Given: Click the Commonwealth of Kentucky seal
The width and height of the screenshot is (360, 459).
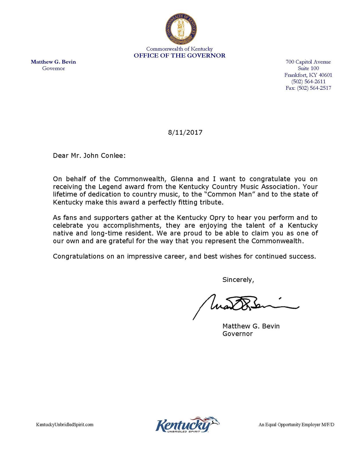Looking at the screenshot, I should [181, 29].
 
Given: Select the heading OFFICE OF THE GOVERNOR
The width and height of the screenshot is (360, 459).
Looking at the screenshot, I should [179, 56].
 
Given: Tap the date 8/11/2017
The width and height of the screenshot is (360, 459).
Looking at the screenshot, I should [185, 133].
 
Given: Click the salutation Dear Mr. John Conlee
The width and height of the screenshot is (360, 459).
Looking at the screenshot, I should [89, 156].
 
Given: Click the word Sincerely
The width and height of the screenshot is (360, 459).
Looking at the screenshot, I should [238, 280].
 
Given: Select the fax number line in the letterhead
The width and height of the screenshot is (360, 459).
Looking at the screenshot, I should [308, 88].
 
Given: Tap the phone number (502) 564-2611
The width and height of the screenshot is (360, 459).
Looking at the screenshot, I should [308, 81].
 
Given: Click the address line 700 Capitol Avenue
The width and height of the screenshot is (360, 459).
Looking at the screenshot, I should [308, 62].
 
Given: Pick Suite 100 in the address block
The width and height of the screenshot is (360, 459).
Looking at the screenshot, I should [308, 68].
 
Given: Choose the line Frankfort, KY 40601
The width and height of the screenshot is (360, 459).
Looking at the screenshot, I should [308, 75].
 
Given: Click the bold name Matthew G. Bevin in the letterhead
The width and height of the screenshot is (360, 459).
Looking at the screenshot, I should [53, 62].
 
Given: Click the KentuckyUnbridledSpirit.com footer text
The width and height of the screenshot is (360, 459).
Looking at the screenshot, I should [65, 425].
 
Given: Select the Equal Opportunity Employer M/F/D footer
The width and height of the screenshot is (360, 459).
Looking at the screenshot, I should [296, 425].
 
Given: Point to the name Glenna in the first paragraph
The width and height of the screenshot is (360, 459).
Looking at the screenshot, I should [182, 179].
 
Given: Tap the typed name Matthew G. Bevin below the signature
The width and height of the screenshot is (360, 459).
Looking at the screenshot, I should [251, 326].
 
